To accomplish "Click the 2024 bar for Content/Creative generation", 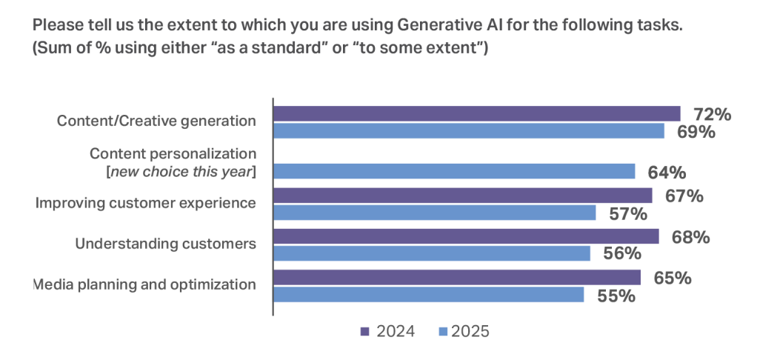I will [x=476, y=113].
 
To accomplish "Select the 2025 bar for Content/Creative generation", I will [x=469, y=131].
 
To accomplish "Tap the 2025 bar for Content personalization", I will [x=454, y=171].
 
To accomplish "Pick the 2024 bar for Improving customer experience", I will [x=463, y=196].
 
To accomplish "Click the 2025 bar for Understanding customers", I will [x=432, y=253].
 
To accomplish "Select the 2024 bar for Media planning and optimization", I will [x=457, y=277].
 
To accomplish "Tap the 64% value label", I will [x=666, y=173].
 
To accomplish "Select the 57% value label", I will [x=627, y=214].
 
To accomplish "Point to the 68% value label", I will [x=690, y=237].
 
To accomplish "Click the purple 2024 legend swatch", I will [x=364, y=331].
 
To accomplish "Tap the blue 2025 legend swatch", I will [x=443, y=331].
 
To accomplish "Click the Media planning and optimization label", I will [x=145, y=284].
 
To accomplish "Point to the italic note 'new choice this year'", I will [x=183, y=173].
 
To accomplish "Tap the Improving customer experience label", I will [x=146, y=202].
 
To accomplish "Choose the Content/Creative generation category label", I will [x=157, y=121].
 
